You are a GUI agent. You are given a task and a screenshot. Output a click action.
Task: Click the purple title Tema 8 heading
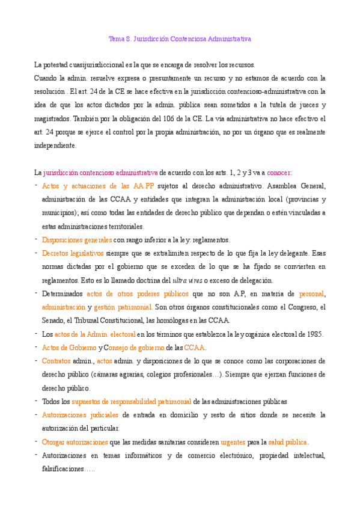[x=180, y=38]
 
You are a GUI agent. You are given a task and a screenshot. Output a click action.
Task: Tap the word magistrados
[x=55, y=119]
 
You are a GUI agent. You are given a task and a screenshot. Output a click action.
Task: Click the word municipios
[x=59, y=212]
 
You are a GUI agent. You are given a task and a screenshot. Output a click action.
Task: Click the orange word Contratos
[x=56, y=361]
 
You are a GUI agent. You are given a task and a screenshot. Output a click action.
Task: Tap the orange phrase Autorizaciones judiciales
[x=81, y=415]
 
